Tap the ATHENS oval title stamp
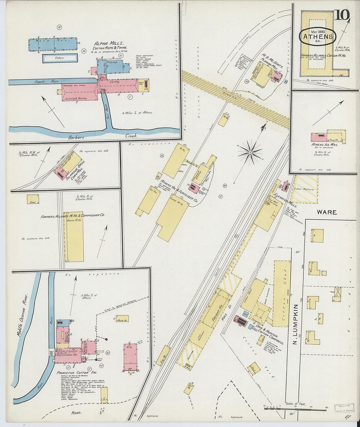(317, 36)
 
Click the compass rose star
(250, 152)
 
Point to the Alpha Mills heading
(109, 43)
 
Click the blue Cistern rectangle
(60, 58)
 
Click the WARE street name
(326, 212)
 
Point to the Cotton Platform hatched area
(305, 189)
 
